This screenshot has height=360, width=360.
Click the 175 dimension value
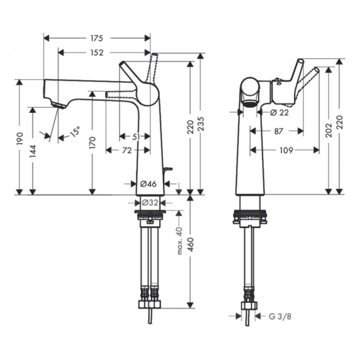(96, 38)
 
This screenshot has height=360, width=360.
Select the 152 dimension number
(97, 53)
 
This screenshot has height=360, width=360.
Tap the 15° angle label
(75, 131)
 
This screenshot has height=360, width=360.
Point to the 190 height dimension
(20, 138)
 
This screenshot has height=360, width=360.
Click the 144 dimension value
(33, 151)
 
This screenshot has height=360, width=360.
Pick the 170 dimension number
(93, 143)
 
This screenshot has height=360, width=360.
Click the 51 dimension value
(136, 137)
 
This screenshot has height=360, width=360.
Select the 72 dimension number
(127, 150)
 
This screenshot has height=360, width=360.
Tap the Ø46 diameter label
(148, 184)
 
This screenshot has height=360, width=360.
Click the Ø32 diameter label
(150, 203)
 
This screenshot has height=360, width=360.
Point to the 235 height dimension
(201, 124)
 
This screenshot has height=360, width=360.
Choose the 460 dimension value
(191, 245)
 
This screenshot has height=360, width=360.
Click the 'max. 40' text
(179, 241)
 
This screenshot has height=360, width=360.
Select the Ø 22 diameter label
(279, 113)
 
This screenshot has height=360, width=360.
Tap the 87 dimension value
(278, 131)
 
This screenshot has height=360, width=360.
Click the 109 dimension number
(286, 150)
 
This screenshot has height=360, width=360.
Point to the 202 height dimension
(329, 130)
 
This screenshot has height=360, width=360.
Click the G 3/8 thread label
(280, 317)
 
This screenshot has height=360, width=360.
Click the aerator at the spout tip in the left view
(59, 105)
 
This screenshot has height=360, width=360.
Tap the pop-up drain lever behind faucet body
(168, 169)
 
